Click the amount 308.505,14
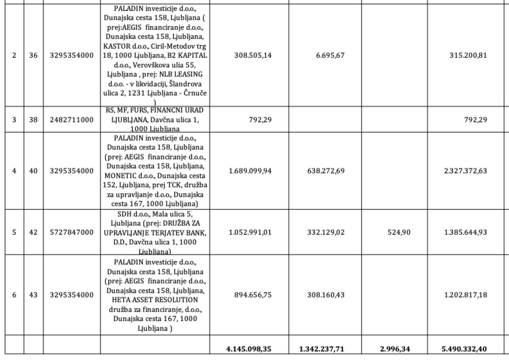253,56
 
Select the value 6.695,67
327,56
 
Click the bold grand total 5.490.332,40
464,349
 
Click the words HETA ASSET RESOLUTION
156,300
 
